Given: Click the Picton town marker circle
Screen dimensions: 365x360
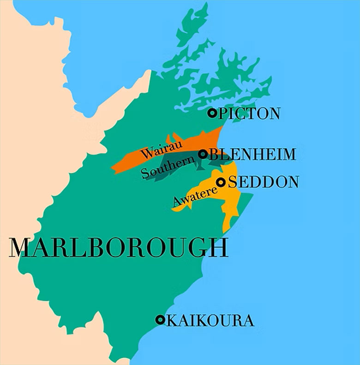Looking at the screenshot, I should (x=212, y=113).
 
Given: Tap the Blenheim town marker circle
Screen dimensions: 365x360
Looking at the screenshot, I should (x=202, y=154).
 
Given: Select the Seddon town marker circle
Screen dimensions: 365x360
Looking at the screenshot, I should (x=221, y=182).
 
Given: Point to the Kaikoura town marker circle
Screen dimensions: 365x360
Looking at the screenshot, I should (x=160, y=319).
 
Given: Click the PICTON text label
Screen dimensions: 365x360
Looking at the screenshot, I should (x=249, y=113).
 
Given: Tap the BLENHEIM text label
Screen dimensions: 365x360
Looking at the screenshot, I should (x=252, y=154).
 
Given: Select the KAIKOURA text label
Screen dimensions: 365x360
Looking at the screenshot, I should (x=210, y=320).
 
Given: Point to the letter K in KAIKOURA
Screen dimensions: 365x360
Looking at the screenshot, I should (x=171, y=320).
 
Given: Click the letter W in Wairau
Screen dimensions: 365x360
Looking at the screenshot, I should (x=147, y=153).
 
